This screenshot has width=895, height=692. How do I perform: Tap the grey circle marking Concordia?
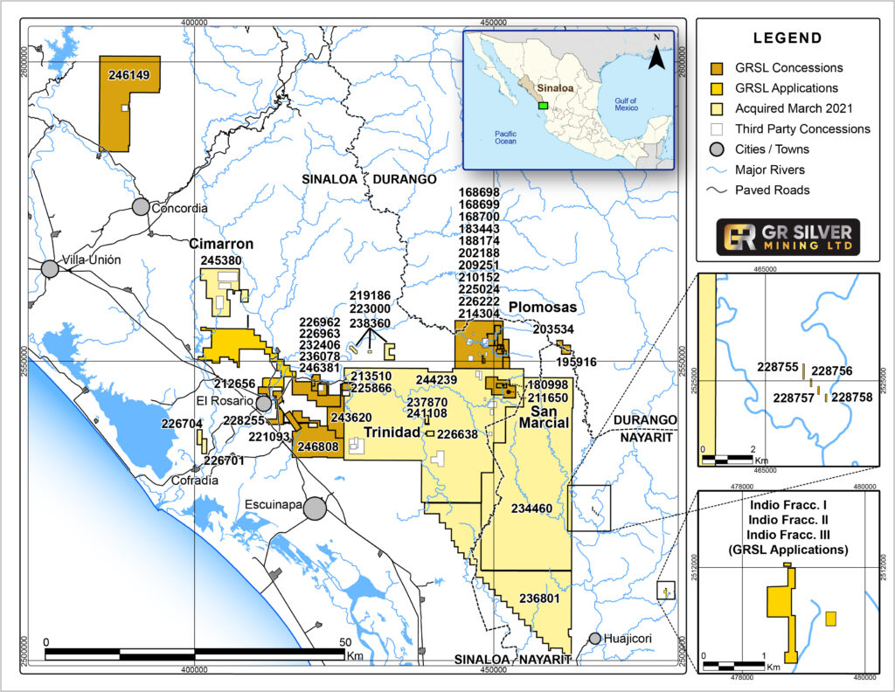(x=141, y=207)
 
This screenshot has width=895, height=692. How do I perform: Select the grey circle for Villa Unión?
(x=50, y=268)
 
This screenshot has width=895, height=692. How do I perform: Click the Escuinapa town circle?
(x=315, y=507)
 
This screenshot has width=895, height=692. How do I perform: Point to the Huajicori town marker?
(x=595, y=639)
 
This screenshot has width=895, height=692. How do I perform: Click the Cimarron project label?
(x=221, y=245)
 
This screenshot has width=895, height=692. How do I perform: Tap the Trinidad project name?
(x=392, y=432)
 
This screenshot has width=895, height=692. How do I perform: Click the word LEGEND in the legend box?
(x=787, y=38)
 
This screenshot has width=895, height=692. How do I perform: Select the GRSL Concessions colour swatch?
(x=717, y=68)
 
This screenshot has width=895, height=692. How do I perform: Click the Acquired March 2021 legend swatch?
(x=717, y=109)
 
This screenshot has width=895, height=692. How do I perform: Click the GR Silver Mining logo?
(x=787, y=237)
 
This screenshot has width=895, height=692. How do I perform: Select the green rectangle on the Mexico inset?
(x=543, y=104)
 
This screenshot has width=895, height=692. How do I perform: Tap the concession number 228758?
(x=851, y=397)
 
